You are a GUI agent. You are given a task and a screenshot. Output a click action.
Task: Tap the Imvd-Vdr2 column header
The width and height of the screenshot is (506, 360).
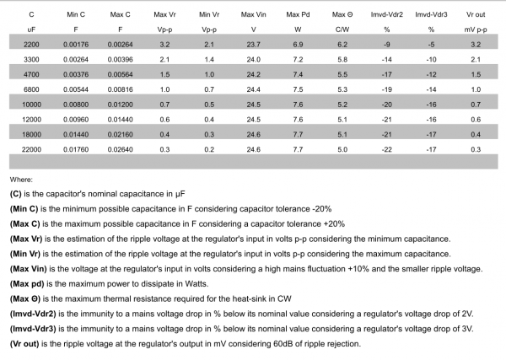pyautogui.click(x=387, y=15)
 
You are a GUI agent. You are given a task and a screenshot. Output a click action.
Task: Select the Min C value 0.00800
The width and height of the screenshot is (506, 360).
pyautogui.click(x=77, y=103)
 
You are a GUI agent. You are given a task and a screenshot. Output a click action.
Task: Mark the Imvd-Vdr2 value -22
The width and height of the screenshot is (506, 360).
pyautogui.click(x=387, y=148)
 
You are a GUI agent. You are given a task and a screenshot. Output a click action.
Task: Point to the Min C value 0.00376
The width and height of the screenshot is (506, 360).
pyautogui.click(x=77, y=73)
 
